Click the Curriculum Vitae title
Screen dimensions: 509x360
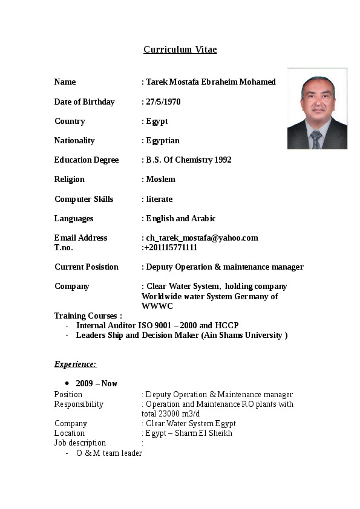(x=180, y=50)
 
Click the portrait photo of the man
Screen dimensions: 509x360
(x=317, y=109)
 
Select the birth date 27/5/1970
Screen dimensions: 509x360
(x=163, y=102)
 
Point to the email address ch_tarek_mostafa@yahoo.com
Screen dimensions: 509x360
(x=202, y=238)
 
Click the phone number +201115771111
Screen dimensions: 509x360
(x=171, y=247)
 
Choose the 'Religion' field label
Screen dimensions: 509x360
(x=70, y=179)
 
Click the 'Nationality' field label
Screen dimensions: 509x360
(x=74, y=140)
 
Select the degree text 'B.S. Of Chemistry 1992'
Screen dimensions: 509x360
(x=189, y=160)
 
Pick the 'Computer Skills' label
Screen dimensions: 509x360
(x=84, y=199)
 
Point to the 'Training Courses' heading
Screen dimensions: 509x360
(x=88, y=316)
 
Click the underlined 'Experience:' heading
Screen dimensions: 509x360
(x=76, y=364)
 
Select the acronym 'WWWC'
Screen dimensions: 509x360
(x=157, y=306)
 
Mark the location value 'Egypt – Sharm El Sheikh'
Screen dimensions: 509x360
(x=189, y=433)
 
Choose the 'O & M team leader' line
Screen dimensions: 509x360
(x=109, y=453)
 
